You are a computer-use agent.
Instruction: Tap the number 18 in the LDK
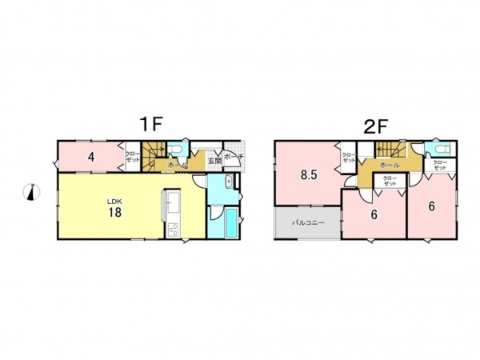(115, 212)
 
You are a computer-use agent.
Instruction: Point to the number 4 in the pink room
(92, 157)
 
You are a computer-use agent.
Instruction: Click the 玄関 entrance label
(214, 161)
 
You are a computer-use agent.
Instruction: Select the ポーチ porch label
(234, 157)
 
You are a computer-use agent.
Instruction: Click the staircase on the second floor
(390, 148)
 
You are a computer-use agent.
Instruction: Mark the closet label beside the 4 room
(132, 158)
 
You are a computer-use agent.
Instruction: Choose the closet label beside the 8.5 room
(349, 158)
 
